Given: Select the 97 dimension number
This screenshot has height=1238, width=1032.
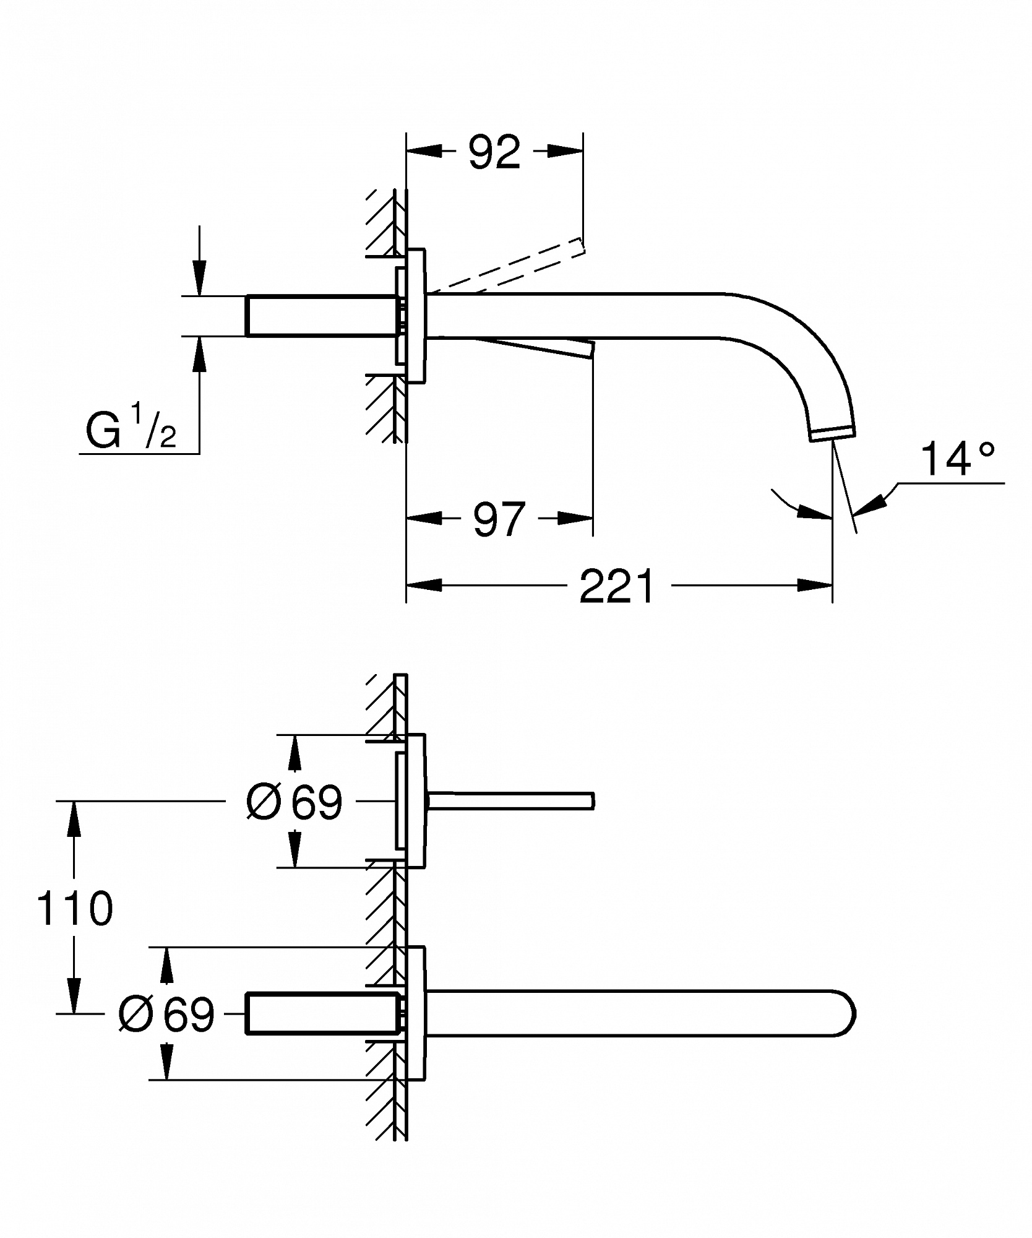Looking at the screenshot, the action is click(x=499, y=519).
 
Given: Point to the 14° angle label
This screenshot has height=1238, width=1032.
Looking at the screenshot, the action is click(x=957, y=459).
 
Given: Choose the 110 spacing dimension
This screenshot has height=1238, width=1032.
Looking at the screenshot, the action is click(x=75, y=908).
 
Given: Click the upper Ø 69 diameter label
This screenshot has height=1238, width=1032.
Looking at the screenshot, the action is click(x=294, y=802).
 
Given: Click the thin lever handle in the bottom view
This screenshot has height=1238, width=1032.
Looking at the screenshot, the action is click(x=510, y=801).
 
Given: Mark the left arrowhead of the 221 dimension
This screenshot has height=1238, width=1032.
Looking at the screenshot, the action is click(x=424, y=585).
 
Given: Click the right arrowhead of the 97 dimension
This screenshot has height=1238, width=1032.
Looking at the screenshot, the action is click(x=575, y=517).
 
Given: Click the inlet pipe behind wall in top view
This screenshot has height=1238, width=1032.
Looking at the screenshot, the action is click(x=322, y=316).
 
